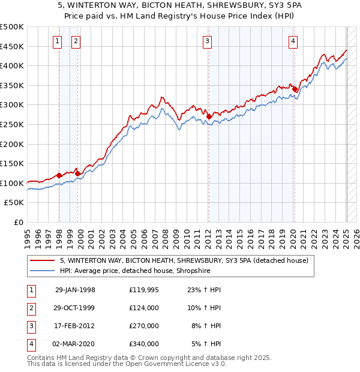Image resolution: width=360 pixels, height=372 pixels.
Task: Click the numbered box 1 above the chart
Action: click(x=57, y=41)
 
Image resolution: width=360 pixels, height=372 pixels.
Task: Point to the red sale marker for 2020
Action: click(x=295, y=89)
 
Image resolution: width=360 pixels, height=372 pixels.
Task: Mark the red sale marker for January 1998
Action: click(x=59, y=175)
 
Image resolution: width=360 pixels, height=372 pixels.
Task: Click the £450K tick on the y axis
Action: click(x=12, y=46)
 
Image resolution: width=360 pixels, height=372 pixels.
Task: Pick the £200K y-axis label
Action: click(x=12, y=144)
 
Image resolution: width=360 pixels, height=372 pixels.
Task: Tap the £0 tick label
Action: click(x=19, y=222)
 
